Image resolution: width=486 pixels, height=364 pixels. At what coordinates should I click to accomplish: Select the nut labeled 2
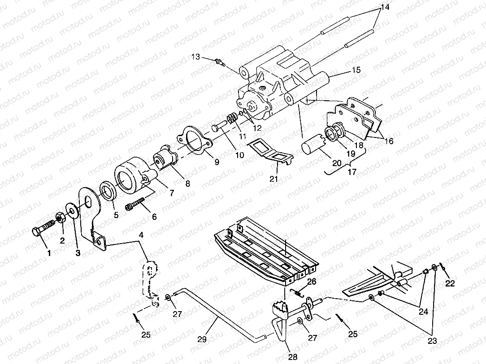click(x=59, y=218)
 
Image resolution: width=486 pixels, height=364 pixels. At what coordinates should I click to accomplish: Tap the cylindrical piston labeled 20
click(x=312, y=147)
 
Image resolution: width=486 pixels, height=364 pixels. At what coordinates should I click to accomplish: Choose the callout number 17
click(x=352, y=172)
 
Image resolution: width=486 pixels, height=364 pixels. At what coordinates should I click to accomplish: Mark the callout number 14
click(x=385, y=7)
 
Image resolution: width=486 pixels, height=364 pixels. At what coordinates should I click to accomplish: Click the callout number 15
click(x=356, y=70)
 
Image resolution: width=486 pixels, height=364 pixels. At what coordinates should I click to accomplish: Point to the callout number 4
click(x=141, y=236)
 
